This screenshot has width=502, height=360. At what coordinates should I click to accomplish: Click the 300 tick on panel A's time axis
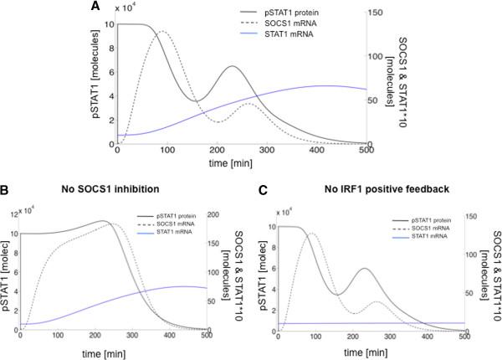(x=266, y=150)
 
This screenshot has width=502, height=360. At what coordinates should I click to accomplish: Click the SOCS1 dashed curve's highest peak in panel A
(x=162, y=32)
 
